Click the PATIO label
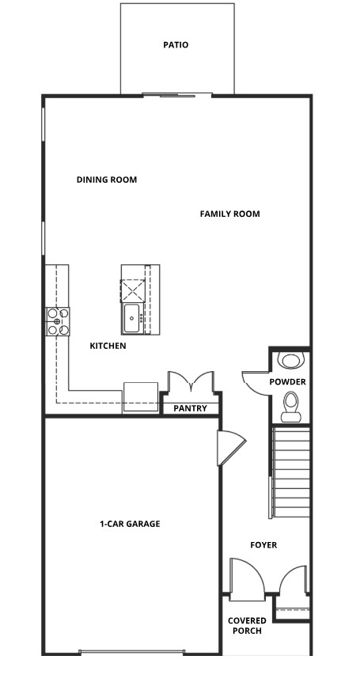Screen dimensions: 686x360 coord(176,45)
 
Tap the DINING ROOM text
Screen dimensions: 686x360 coord(107,180)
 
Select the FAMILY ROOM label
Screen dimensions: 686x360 coord(229,214)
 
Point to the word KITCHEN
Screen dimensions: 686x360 coord(108,346)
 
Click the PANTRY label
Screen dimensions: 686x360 coord(191,408)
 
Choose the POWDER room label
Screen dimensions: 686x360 coord(287,382)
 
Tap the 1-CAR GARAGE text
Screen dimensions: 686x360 coord(130,524)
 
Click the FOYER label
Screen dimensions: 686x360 coord(263,545)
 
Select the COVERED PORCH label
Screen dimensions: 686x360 coord(247,625)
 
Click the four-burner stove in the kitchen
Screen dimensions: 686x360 coord(58,321)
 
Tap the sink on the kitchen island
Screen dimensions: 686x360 coord(131,318)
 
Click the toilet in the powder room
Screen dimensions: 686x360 coord(291,403)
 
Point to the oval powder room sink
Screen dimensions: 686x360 coord(291,361)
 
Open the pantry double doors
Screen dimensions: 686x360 coord(190,382)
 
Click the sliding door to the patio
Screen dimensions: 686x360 coord(177,96)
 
